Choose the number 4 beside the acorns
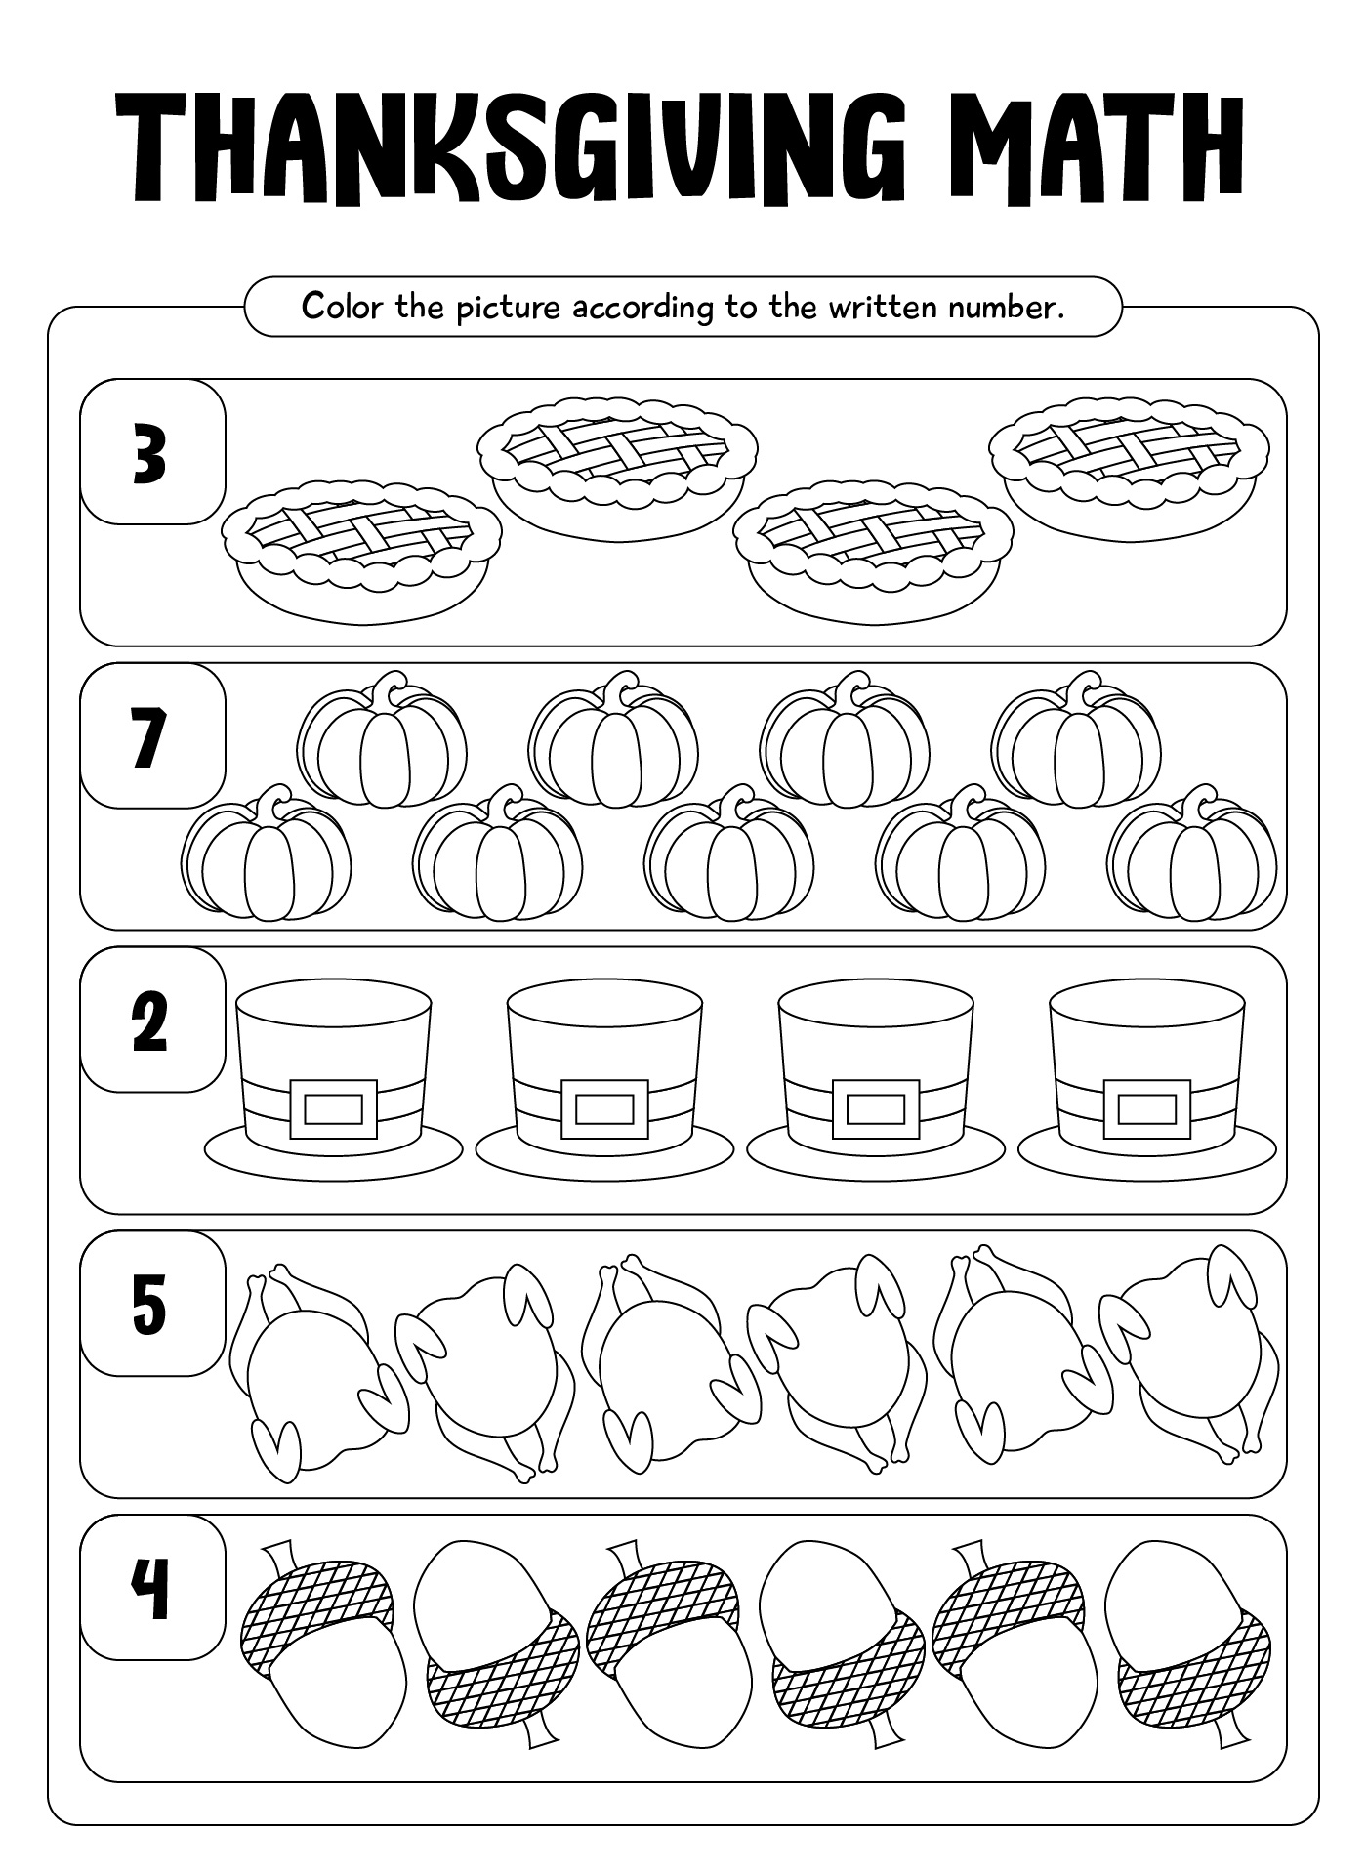click(x=150, y=1588)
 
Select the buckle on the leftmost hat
click(x=333, y=1109)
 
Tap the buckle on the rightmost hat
click(x=1147, y=1109)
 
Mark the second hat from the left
click(x=604, y=1083)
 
